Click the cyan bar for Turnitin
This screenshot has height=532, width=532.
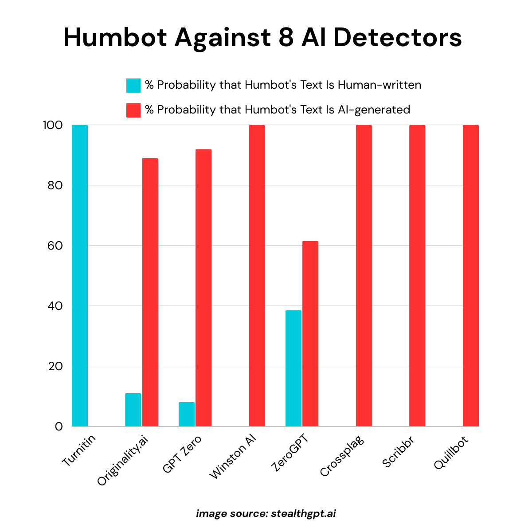point(80,275)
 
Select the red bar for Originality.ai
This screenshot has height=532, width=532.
point(150,292)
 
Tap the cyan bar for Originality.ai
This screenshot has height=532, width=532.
point(133,410)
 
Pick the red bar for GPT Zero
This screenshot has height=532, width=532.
point(203,288)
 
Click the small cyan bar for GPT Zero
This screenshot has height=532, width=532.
point(187,414)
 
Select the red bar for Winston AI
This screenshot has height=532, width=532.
point(257,275)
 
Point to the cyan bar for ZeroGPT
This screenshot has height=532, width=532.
point(293,368)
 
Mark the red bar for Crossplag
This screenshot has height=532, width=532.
point(364,275)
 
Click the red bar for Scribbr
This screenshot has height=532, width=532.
point(417,275)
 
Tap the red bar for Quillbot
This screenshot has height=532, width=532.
point(471,275)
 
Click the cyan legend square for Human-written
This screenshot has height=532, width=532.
point(133,85)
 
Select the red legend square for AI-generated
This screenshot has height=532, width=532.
point(133,110)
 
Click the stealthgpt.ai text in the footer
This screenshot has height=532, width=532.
point(303,514)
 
